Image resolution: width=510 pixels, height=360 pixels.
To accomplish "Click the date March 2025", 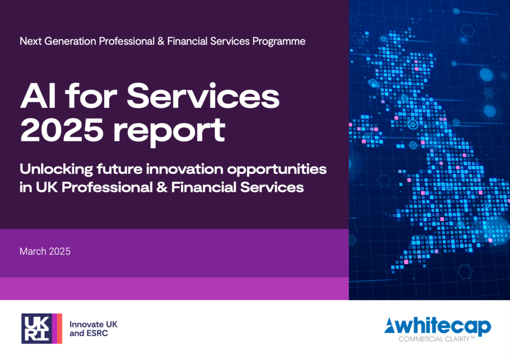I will click(x=45, y=251).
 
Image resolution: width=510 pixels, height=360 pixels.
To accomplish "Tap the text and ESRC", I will click(x=89, y=333).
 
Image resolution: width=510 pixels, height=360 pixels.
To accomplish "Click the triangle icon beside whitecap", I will click(x=391, y=327).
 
